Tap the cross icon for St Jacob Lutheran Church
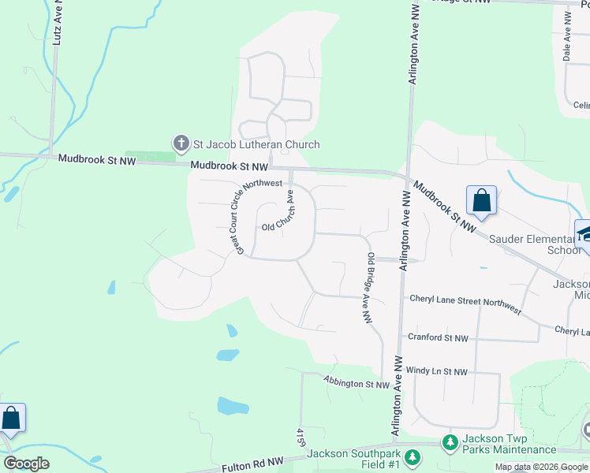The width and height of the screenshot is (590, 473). point(181,143)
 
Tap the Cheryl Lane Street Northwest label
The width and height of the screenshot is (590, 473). point(465,304)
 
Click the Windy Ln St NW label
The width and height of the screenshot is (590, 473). point(437,371)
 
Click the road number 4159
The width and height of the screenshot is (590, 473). point(301,438)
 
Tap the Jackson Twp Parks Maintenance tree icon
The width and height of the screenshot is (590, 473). point(450,444)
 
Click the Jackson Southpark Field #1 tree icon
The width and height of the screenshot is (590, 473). point(411,457)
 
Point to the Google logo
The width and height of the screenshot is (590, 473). point(27,464)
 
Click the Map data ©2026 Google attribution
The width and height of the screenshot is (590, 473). point(542,467)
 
